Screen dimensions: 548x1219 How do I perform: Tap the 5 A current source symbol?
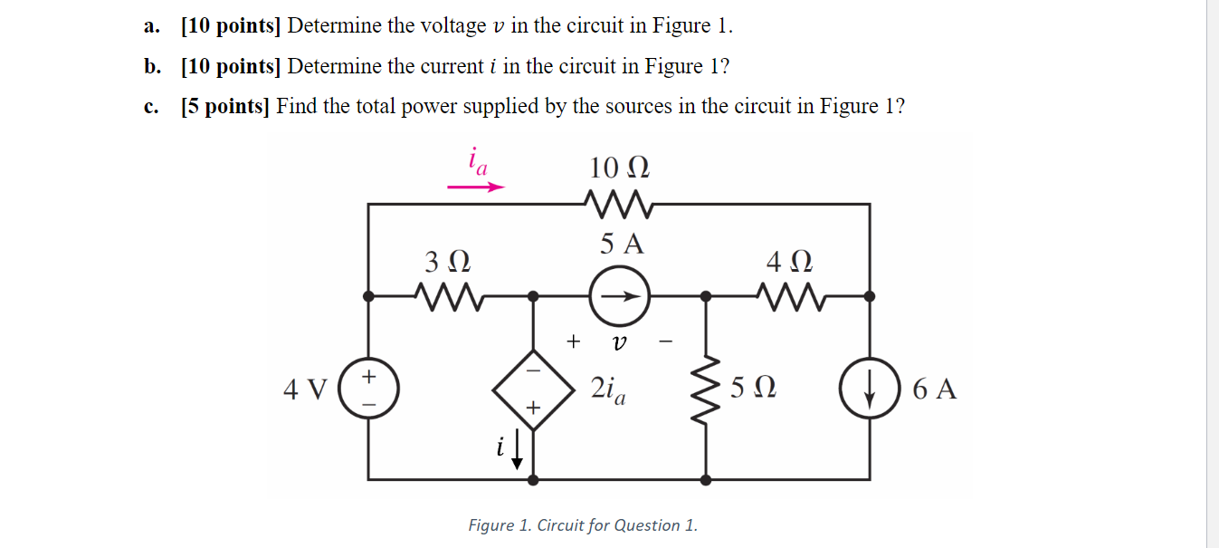[619, 295]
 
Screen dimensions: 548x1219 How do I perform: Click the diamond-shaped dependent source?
[533, 389]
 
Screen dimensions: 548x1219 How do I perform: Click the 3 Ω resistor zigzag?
[446, 294]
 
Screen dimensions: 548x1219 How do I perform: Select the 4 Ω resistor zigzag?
[788, 294]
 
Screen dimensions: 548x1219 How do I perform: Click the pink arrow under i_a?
[476, 187]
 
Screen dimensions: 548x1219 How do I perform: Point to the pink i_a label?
[477, 161]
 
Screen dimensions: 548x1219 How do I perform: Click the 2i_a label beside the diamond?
[612, 389]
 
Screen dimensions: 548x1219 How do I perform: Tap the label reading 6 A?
[934, 389]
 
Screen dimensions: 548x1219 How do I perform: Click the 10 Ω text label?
[619, 168]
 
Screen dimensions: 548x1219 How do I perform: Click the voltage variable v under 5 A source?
[619, 341]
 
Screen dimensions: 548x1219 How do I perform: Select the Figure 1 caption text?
[582, 525]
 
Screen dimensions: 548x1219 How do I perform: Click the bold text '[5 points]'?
[225, 106]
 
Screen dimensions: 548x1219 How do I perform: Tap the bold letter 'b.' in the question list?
[152, 66]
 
